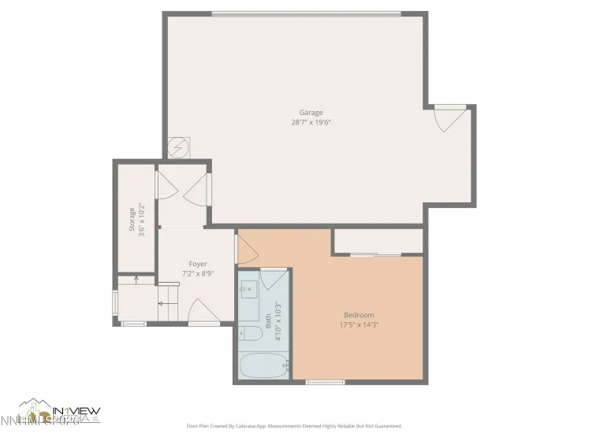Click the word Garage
tap(311, 113)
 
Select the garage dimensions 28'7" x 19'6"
tap(311, 122)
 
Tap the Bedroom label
tap(359, 315)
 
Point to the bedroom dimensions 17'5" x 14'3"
tap(359, 324)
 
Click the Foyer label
tap(197, 264)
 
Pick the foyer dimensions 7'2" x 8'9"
tap(197, 273)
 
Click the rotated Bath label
tap(268, 321)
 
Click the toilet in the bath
tap(252, 334)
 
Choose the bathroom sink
tap(248, 289)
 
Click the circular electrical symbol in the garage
tap(179, 147)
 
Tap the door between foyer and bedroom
tap(247, 250)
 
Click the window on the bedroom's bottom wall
tap(325, 383)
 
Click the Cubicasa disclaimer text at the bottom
tap(294, 426)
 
